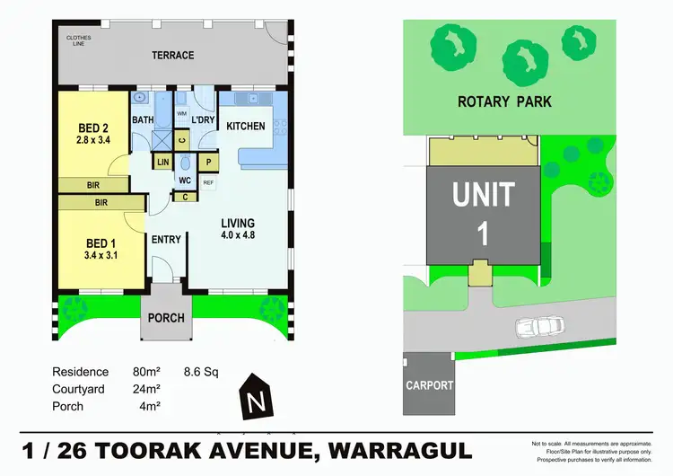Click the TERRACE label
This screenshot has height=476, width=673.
(x=173, y=55)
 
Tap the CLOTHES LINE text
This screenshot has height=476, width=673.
(x=79, y=40)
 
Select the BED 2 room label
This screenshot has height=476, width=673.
(x=92, y=127)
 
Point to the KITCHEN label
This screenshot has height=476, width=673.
(x=245, y=126)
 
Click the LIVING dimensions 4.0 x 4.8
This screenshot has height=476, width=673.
(x=238, y=235)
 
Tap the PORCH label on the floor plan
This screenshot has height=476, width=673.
(x=166, y=318)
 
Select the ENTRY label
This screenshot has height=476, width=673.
(x=167, y=239)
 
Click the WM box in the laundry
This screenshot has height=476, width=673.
(x=181, y=114)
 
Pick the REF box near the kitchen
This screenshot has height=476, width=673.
(x=208, y=182)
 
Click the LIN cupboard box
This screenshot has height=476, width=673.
(x=163, y=162)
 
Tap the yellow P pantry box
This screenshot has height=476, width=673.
(x=208, y=162)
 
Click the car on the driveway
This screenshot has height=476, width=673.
(x=538, y=327)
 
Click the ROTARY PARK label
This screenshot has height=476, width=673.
(x=504, y=101)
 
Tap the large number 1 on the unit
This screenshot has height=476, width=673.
(x=483, y=234)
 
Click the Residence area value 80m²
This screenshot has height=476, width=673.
(x=146, y=372)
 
